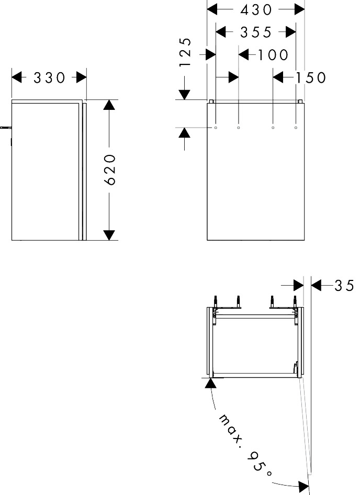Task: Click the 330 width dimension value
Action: [49, 78]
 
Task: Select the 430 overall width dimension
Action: [256, 9]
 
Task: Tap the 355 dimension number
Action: [256, 32]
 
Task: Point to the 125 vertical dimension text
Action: [185, 52]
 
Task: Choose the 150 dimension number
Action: [310, 78]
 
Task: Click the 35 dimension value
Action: [344, 286]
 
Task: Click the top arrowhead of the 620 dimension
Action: [109, 104]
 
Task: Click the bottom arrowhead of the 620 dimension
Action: [109, 235]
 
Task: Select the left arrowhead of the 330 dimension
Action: [17, 77]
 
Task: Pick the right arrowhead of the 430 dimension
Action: [299, 9]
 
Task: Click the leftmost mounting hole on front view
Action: [216, 127]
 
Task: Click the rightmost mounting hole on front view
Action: [296, 127]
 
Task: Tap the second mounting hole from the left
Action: [239, 127]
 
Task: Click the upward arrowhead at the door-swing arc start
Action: [210, 383]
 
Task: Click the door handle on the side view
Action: [5, 127]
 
